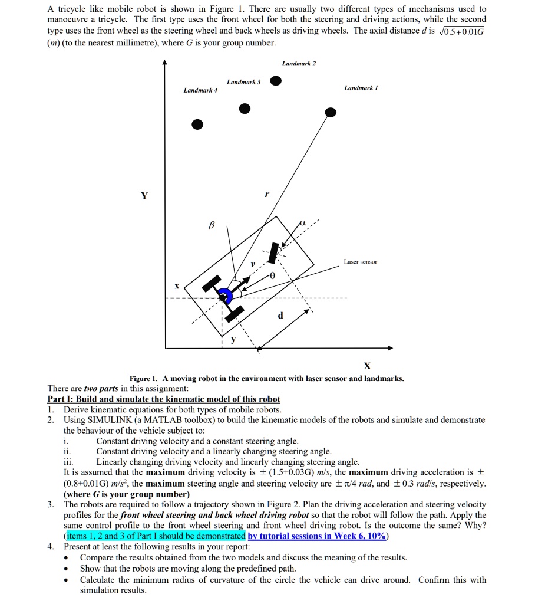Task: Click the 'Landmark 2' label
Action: click(299, 63)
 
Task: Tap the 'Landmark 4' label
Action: click(200, 90)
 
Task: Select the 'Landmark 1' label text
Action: click(361, 87)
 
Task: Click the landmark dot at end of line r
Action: click(331, 111)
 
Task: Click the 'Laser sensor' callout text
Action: click(361, 261)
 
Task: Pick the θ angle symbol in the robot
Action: click(272, 276)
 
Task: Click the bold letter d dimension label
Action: click(280, 316)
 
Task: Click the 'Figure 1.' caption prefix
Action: click(144, 379)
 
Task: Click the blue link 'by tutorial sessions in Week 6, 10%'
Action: click(318, 536)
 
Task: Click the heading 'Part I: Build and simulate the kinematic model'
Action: click(164, 399)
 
